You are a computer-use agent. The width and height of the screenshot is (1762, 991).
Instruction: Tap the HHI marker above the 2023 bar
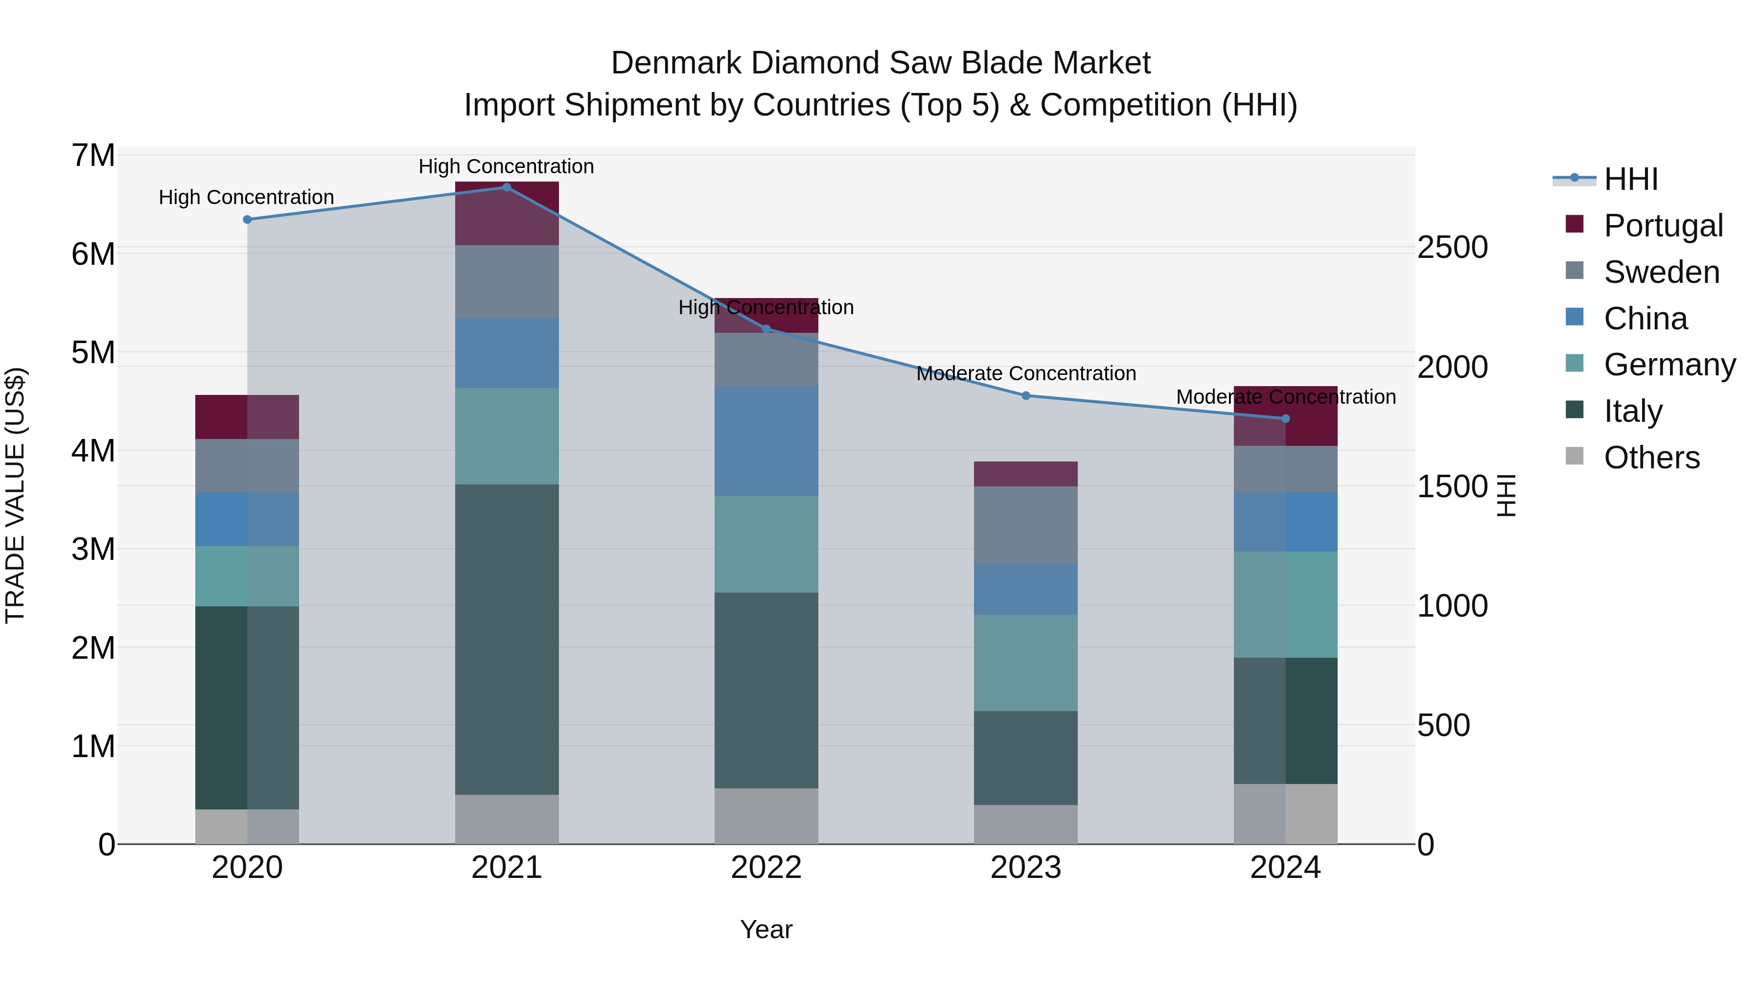pos(1025,396)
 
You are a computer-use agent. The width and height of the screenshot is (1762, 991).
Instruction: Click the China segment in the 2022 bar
pos(766,441)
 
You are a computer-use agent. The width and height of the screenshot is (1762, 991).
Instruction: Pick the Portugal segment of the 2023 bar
pos(1025,474)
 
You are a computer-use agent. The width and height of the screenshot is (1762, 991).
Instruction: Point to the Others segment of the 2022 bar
pos(766,816)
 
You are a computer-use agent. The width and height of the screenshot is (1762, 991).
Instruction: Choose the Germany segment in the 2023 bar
pos(1025,663)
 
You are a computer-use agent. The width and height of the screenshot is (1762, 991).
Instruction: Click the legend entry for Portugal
pos(1663,226)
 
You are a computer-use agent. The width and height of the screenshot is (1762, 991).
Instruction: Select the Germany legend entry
pos(1669,365)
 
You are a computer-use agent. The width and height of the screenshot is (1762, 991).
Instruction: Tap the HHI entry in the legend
pos(1631,179)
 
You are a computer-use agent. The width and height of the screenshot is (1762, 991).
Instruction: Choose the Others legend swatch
pos(1575,457)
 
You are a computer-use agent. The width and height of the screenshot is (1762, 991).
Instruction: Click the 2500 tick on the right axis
pos(1452,248)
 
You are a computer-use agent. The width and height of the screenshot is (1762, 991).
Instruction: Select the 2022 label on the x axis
pos(766,868)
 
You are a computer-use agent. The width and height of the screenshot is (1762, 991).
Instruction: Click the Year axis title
pos(766,929)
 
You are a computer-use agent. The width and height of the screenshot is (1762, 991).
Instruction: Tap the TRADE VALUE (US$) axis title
pos(16,495)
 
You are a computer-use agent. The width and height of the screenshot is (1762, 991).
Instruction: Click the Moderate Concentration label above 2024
pos(1285,397)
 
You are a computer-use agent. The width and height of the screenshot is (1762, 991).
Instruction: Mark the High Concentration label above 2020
pos(246,197)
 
